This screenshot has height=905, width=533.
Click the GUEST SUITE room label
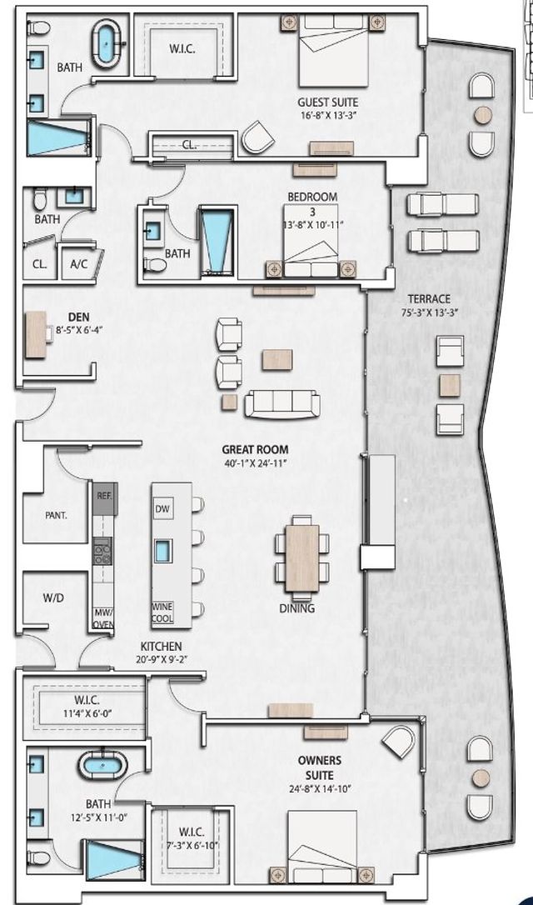click(327, 102)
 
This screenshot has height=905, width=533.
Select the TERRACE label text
click(429, 299)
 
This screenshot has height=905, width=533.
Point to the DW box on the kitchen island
click(162, 509)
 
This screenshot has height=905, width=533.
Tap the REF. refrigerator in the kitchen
click(104, 496)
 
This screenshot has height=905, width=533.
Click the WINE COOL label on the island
click(162, 613)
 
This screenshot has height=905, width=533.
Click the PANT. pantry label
click(56, 515)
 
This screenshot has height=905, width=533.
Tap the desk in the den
click(35, 335)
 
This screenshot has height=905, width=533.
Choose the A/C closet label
click(79, 264)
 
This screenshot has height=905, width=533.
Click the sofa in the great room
click(282, 403)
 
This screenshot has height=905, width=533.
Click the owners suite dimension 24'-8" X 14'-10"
click(320, 785)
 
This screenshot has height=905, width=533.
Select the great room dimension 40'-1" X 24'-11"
click(256, 463)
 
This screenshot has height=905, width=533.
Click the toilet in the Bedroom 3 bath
click(154, 264)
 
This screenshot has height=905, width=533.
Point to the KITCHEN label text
click(162, 647)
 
